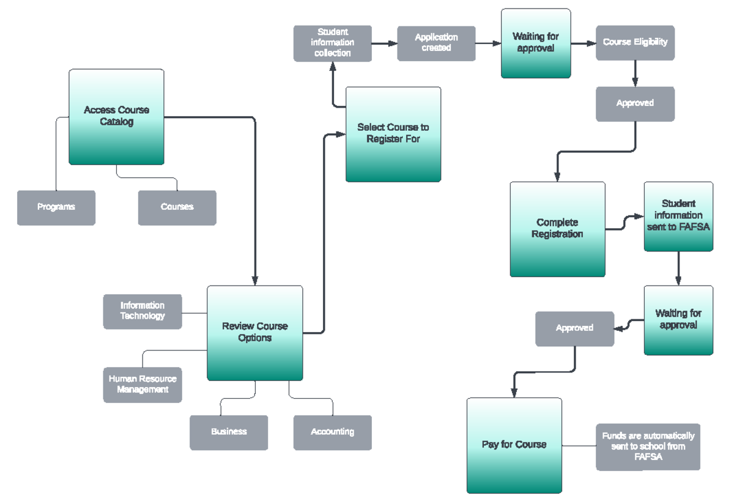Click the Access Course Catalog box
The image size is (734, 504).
coord(116,116)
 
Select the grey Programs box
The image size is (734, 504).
coord(56,207)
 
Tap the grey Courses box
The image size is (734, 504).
coord(177,207)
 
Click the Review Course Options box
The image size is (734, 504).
coord(254,333)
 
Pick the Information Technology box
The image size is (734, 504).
coord(143,311)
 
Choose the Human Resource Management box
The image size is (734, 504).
coord(143,385)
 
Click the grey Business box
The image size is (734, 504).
coord(229,432)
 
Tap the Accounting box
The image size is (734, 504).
coord(332,432)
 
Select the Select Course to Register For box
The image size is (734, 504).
coord(393,134)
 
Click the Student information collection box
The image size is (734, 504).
coord(333,43)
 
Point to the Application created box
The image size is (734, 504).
coord(436,43)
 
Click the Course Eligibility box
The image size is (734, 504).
coord(635,43)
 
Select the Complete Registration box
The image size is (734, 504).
coord(557,229)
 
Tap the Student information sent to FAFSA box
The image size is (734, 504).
coord(678,216)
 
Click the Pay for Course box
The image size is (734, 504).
coord(514,445)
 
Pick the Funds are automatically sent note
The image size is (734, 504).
coord(648,447)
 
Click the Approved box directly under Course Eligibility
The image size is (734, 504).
coord(635,103)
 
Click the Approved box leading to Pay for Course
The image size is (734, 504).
coord(574,328)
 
